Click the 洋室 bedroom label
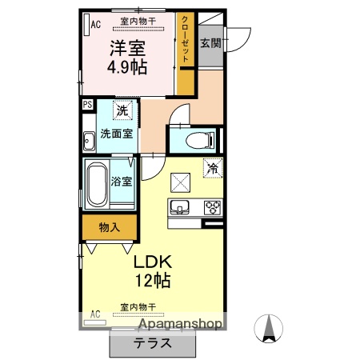coord(127,47)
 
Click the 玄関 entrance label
coord(210,42)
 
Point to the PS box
coord(86,103)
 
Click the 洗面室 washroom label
coord(116,134)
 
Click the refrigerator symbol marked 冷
coord(213,169)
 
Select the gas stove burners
coord(213,207)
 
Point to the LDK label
coord(153,262)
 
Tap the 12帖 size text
coord(153,282)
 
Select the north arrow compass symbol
coord(270,328)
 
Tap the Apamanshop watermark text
coord(181,324)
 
